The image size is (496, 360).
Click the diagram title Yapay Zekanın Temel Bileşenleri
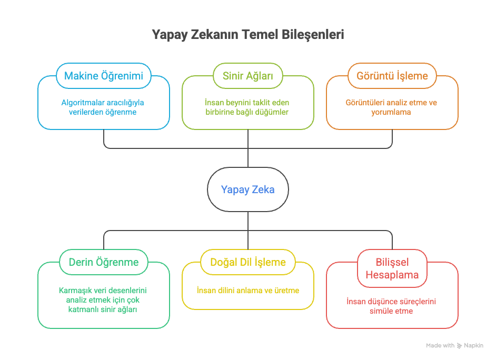click(x=247, y=35)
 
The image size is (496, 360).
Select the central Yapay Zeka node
click(x=247, y=189)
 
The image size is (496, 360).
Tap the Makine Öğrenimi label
click(x=104, y=76)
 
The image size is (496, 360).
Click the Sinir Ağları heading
click(x=247, y=76)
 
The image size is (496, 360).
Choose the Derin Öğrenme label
click(x=104, y=262)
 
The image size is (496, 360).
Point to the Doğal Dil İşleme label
click(x=247, y=262)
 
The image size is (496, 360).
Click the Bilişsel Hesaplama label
click(x=392, y=268)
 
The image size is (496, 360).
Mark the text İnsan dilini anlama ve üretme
click(x=247, y=290)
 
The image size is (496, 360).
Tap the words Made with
click(x=440, y=346)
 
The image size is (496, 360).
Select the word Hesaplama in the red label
click(x=392, y=275)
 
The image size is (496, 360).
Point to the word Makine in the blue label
click(x=81, y=76)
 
